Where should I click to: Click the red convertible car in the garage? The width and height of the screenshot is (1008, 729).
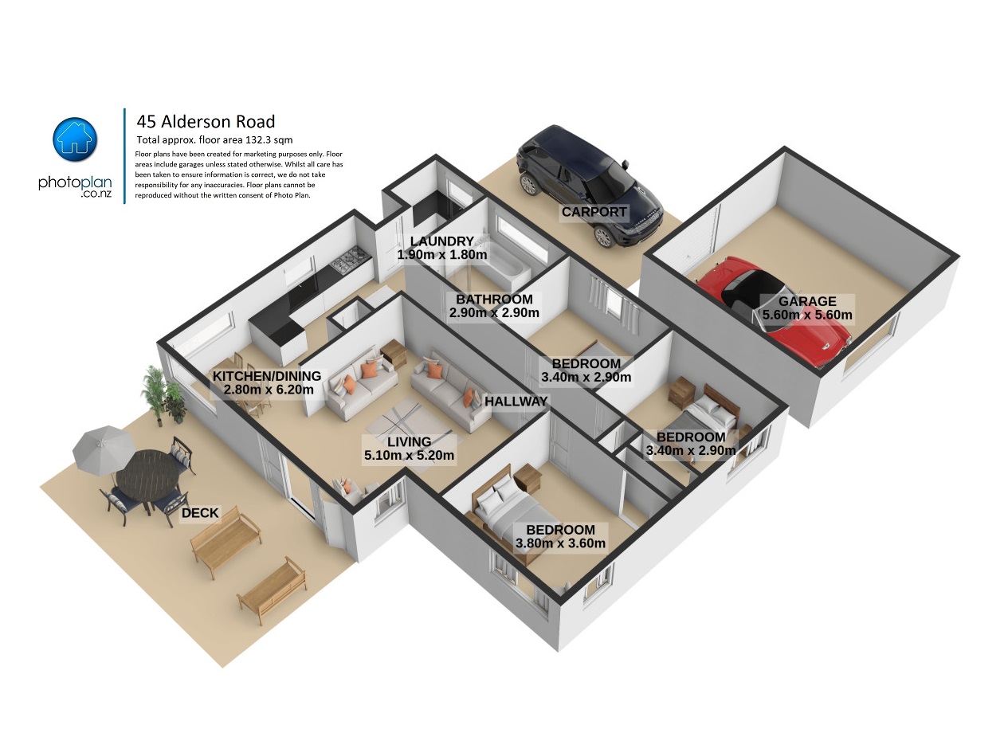pos(773,311)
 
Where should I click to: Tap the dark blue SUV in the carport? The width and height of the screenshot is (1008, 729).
pos(589,186)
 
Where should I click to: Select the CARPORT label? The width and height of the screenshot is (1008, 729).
pos(594,212)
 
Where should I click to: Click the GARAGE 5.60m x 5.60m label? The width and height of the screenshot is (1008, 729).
pos(807,308)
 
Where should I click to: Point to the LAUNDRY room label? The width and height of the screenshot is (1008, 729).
pos(442,241)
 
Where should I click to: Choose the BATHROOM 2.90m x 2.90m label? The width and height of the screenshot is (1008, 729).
pos(494,306)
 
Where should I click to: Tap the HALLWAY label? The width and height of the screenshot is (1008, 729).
pos(516,401)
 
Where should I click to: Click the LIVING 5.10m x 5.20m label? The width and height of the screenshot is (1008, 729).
pos(409,449)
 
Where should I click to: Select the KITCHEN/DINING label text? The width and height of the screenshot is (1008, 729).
pos(267,376)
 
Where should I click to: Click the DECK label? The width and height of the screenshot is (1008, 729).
pos(200,512)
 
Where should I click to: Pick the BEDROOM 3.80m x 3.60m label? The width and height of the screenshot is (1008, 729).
pos(560,536)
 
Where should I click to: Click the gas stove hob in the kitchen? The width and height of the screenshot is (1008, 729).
pos(350,259)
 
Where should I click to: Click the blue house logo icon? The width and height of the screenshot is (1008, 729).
pos(75,139)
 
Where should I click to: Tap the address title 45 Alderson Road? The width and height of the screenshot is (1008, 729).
pos(206,121)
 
